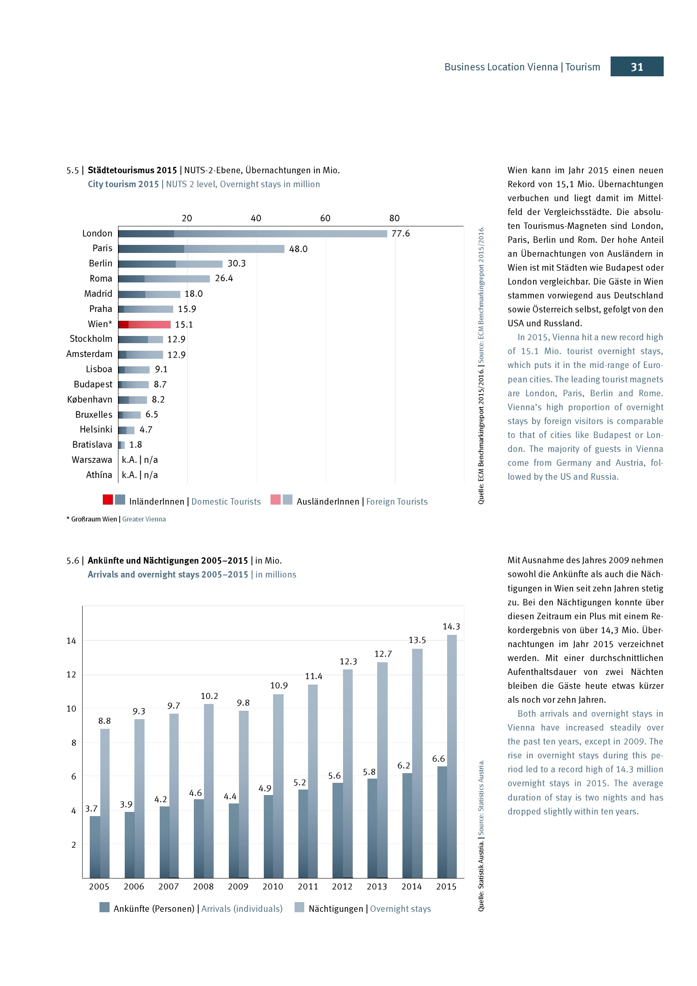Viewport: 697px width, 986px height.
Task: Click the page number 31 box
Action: [636, 67]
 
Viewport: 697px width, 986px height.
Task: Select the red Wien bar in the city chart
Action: [145, 324]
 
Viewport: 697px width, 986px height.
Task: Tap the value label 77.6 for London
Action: [400, 233]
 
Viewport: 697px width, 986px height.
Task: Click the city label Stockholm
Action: [91, 339]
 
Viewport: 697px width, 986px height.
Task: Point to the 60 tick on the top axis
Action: [325, 218]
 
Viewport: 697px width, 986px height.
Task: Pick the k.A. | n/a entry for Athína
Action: [139, 475]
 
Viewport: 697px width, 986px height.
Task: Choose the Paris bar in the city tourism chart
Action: [201, 249]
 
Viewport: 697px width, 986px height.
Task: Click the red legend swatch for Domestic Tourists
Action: [108, 500]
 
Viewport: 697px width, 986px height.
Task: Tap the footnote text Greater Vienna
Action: [144, 519]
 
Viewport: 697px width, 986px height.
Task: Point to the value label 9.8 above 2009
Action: [243, 703]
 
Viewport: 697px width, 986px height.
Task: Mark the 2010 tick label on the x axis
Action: [273, 887]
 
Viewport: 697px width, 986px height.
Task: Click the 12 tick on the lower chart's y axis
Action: [71, 674]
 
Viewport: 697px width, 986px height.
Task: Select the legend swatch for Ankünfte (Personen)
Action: [104, 907]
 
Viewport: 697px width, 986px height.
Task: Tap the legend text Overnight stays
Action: [400, 909]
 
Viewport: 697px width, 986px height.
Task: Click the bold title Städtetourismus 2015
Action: [132, 170]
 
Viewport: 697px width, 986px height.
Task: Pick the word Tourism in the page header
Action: [582, 67]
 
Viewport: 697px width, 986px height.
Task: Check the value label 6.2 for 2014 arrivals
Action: [403, 765]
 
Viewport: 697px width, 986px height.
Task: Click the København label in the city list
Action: [90, 399]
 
